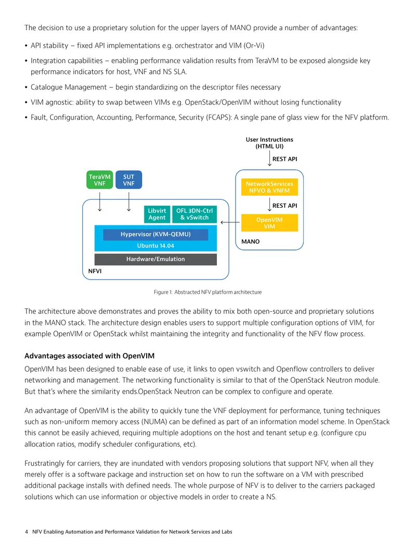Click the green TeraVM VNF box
pos(100,180)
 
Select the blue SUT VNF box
pos(128,180)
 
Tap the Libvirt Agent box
pos(157,214)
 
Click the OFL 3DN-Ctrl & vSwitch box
pos(194,214)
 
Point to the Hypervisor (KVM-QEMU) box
pos(155,234)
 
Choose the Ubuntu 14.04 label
pos(155,246)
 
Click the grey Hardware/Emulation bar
pos(155,259)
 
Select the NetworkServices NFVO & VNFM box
pos(269,187)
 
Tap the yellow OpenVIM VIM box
pos(269,223)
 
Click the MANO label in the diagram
pos(250,242)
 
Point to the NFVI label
pos(95,271)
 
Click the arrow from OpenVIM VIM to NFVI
pos(230,223)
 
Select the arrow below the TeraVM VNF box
pos(100,202)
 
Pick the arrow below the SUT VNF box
pos(128,202)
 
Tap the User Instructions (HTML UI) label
pos(269,143)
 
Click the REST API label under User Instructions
pos(284,159)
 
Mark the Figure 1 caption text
pos(208,292)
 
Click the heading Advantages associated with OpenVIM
pos(89,356)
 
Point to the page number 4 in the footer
pos(27,532)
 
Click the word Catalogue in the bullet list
pos(47,87)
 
